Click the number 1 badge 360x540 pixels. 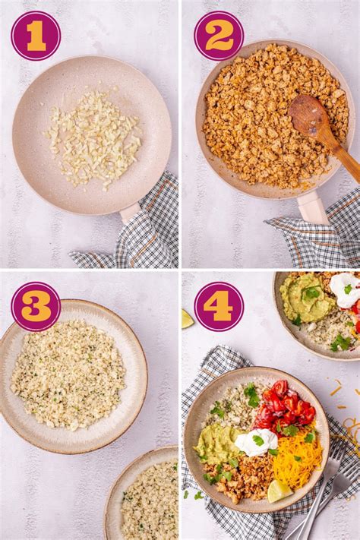point(36,36)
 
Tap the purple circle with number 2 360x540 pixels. point(219,36)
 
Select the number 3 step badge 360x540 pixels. point(36,306)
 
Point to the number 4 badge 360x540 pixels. point(219,306)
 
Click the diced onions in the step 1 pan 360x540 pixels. point(93,139)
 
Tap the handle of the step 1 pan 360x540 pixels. point(130,212)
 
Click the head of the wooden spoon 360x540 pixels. point(307,115)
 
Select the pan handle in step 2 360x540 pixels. point(312,207)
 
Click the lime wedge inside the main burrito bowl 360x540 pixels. point(278,491)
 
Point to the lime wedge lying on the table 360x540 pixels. point(186,319)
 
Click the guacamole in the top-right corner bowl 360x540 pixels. point(306,298)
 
